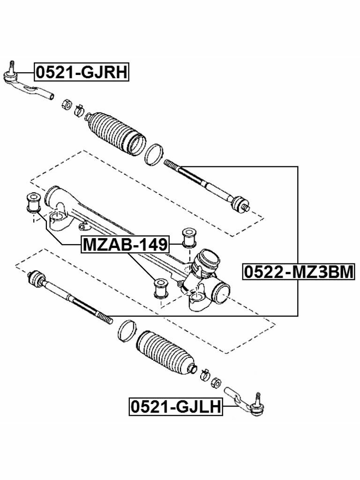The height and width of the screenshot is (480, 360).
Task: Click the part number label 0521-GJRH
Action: click(81, 73)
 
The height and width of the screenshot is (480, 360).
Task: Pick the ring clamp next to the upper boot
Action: click(154, 155)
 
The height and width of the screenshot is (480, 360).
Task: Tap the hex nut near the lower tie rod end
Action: click(216, 382)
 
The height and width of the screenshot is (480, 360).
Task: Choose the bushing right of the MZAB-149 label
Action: click(188, 237)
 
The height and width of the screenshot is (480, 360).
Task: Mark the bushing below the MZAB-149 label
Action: click(161, 287)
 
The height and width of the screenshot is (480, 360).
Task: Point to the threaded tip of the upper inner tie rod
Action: click(172, 165)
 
